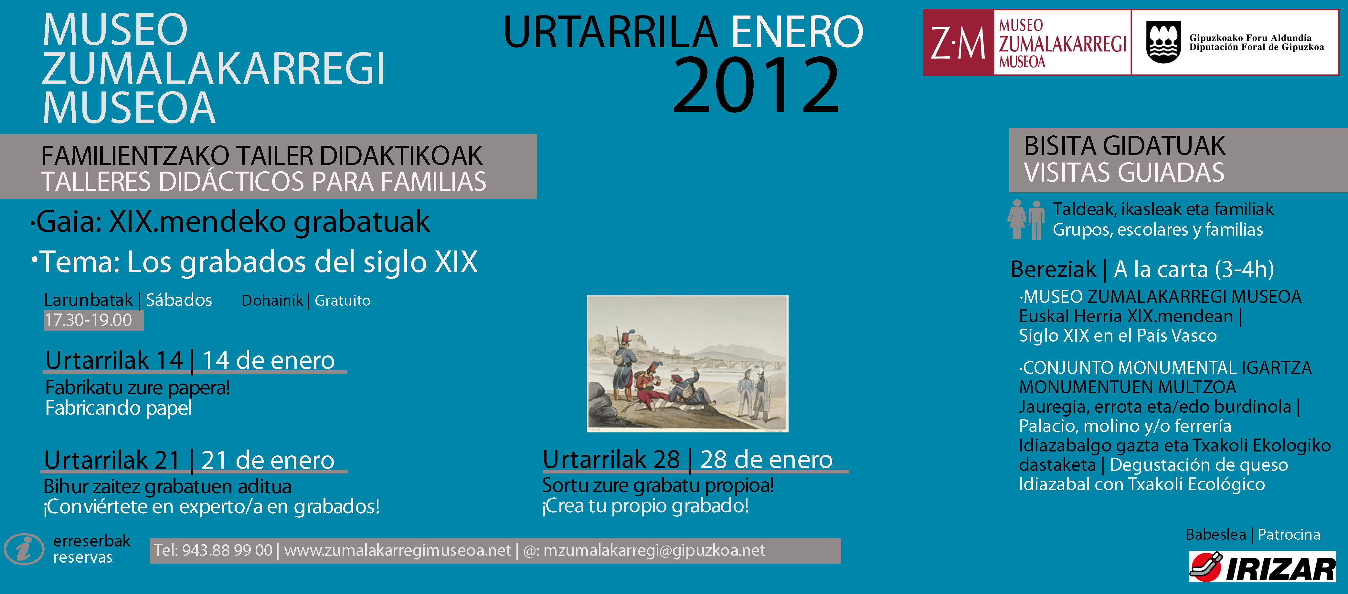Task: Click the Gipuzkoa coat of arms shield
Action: (1162, 42)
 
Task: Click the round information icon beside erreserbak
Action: (24, 549)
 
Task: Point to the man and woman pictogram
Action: (1026, 219)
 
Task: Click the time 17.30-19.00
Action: (89, 320)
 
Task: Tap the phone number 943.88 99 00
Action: (227, 551)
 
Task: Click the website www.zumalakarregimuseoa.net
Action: (397, 551)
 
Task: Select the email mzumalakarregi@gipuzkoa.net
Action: (654, 551)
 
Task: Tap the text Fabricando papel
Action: (119, 408)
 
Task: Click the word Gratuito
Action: (342, 301)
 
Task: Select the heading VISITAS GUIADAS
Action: (1124, 173)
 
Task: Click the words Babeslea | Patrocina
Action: (1253, 534)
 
